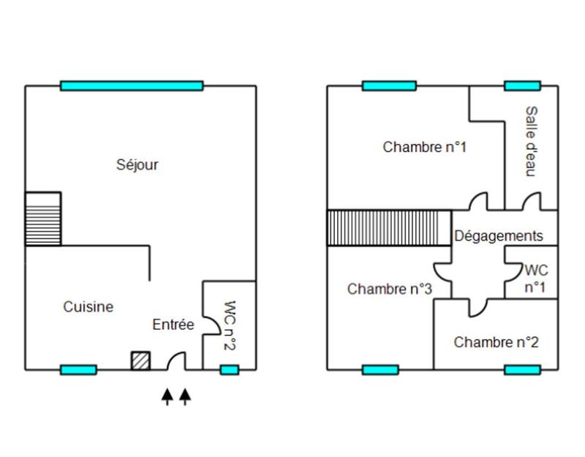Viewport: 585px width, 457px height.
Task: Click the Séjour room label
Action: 137,165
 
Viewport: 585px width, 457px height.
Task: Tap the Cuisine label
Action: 88,307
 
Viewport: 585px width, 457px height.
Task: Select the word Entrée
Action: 173,325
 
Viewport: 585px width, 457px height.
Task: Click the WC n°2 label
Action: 229,326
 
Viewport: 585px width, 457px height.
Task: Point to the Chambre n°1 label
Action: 425,147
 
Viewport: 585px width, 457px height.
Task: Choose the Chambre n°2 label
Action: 497,342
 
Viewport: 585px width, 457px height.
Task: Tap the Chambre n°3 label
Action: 390,289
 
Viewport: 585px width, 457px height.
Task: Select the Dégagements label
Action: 499,236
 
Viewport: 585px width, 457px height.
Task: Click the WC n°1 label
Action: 536,278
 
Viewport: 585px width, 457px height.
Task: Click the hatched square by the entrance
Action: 140,360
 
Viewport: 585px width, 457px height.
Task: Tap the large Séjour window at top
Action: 132,86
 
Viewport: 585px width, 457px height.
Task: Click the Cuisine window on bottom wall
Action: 78,370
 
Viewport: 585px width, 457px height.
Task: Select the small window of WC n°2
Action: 230,370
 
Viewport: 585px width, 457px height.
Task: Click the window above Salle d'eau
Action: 522,86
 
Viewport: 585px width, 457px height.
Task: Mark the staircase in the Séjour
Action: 42,219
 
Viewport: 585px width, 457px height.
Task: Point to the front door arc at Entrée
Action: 176,360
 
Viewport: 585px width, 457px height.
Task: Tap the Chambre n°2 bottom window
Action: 522,370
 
